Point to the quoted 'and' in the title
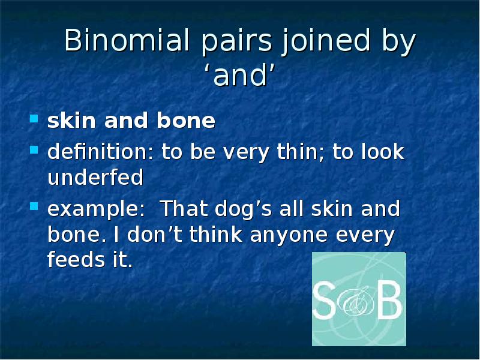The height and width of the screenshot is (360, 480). click(240, 76)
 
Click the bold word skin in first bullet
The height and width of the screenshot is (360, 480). click(72, 121)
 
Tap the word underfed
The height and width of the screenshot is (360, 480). click(95, 178)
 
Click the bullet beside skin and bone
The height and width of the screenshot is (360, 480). click(34, 119)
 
